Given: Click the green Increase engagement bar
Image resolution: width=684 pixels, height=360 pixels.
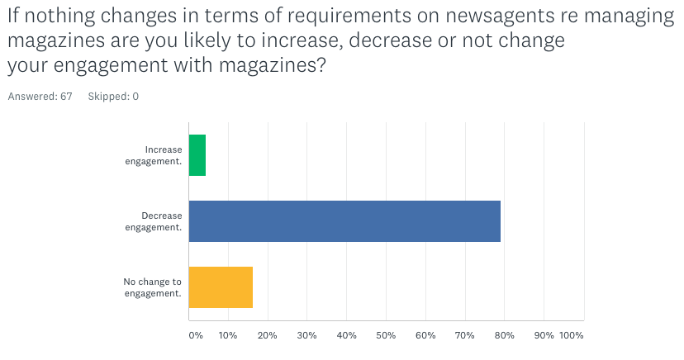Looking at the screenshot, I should (x=197, y=155).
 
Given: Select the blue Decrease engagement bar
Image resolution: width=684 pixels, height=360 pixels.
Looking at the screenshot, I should (x=344, y=221).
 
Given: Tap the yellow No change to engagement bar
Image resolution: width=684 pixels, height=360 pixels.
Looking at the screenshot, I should (x=221, y=287).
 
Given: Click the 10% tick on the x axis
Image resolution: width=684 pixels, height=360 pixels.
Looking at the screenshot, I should (x=228, y=336).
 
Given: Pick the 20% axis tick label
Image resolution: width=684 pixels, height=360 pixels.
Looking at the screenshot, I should (x=268, y=336).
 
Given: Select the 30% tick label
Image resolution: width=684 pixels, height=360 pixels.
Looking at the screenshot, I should (x=306, y=336).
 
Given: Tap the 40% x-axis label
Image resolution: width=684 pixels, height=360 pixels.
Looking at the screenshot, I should (x=346, y=336).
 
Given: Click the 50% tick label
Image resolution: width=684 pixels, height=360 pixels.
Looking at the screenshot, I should (x=386, y=336).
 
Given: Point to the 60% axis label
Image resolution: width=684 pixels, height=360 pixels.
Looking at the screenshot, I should (x=425, y=336).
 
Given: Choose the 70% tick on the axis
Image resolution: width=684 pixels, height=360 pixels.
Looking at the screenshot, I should (x=464, y=336).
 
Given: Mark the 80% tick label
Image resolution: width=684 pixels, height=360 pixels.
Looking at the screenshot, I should (x=504, y=336).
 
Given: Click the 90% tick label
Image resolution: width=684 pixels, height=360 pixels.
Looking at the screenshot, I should (x=544, y=336).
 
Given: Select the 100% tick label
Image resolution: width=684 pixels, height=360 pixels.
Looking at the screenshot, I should (x=572, y=336).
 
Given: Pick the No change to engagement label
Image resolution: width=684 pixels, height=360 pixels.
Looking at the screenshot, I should (x=153, y=287).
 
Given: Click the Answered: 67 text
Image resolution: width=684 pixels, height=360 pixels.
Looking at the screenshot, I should (x=40, y=97).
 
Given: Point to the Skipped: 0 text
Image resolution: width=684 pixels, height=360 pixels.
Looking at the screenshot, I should (x=113, y=97).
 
